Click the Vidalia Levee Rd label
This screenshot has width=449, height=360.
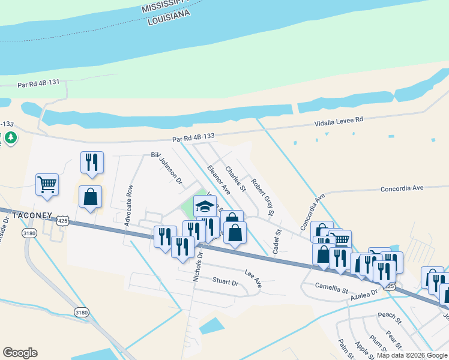[x=340, y=122]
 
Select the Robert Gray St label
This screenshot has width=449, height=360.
[x=263, y=196]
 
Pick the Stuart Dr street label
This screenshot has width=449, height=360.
[x=226, y=280]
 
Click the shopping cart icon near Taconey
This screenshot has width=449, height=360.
[x=47, y=184]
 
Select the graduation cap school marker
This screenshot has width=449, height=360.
[x=205, y=206]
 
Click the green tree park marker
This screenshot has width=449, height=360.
[x=10, y=138]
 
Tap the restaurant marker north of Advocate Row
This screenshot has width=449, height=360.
[x=92, y=162]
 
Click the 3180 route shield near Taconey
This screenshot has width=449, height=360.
[x=28, y=232]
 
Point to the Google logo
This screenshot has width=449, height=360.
[x=20, y=353]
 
